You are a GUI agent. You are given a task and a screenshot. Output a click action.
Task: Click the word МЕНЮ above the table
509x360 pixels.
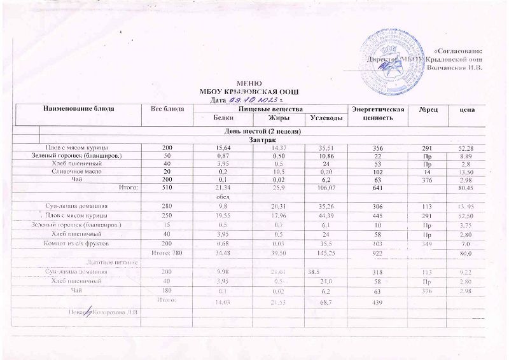[x=247, y=84]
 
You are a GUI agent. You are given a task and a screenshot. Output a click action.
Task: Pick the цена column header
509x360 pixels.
[x=469, y=110]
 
